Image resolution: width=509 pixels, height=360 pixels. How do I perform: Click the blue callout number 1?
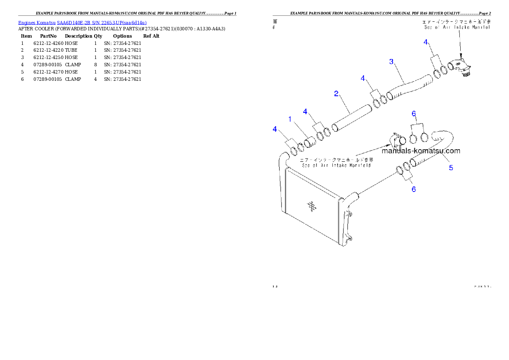(x=290, y=119)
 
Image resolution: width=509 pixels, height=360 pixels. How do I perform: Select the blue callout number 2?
(x=337, y=93)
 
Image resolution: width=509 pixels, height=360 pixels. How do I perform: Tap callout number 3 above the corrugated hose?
(x=391, y=62)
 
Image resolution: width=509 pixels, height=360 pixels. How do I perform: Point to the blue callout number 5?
(x=451, y=168)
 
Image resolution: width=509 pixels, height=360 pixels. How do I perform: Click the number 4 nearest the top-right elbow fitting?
(x=426, y=42)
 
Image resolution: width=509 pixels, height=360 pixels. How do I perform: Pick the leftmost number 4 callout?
(x=275, y=129)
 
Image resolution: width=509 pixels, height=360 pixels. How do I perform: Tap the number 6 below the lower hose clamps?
(x=414, y=189)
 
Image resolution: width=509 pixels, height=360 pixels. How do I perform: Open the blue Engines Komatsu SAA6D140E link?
(x=82, y=23)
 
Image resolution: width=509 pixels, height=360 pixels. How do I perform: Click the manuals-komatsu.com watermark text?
(x=421, y=150)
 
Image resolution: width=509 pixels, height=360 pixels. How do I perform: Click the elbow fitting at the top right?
(x=461, y=68)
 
